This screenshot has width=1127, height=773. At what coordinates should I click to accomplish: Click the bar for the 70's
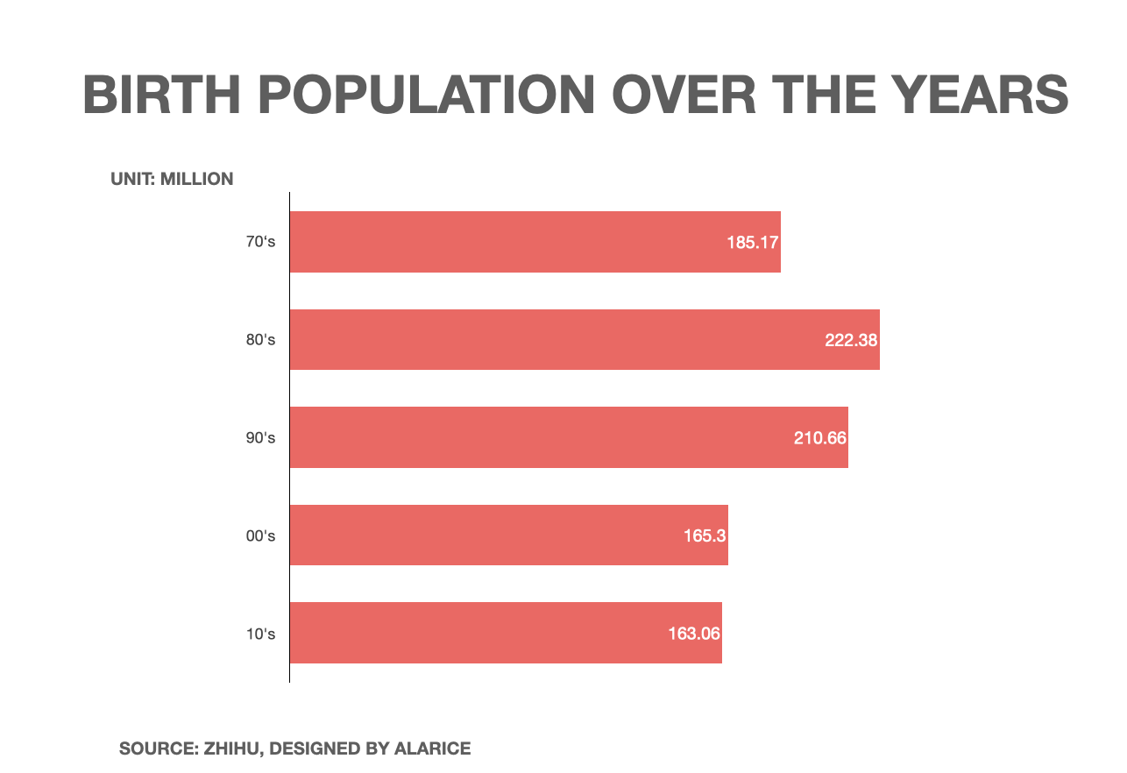pos(508,242)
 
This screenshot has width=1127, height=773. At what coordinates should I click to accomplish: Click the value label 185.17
pos(752,242)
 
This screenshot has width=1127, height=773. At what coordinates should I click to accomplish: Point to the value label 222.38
pos(851,340)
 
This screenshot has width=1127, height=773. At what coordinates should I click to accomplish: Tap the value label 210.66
pos(820,437)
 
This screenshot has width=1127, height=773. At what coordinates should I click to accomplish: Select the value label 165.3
pos(705,535)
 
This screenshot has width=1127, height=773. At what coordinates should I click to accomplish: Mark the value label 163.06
pos(694,633)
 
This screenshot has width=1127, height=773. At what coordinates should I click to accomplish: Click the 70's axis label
pos(260,242)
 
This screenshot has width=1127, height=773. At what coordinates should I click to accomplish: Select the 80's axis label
pos(260,339)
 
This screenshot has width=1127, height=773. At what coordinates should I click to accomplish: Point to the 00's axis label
pos(260,535)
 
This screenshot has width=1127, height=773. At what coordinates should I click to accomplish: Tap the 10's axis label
pos(260,633)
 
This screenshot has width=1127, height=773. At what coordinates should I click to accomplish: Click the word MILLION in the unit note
pos(197,180)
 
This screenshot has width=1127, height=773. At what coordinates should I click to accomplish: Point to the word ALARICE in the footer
pos(432,748)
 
